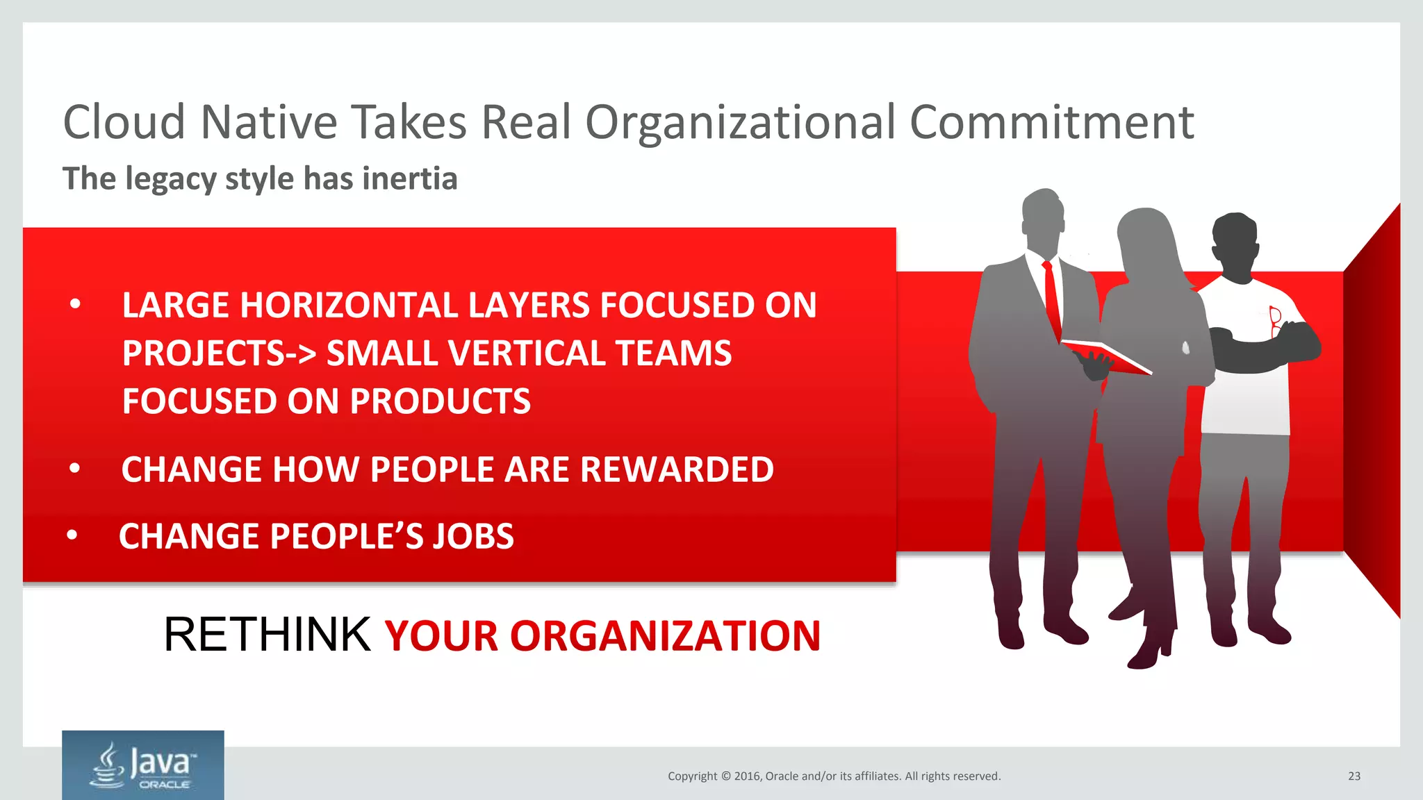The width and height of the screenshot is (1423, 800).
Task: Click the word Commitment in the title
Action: coord(1051,123)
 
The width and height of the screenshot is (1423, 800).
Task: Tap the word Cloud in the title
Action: coord(124,123)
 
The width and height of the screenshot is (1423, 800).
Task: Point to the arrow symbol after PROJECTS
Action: coord(302,354)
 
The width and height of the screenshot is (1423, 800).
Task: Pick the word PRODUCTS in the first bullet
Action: coord(440,401)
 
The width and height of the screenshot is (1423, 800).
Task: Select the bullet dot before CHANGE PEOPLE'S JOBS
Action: coord(72,536)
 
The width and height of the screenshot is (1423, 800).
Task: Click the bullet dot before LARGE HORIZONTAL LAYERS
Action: coord(76,304)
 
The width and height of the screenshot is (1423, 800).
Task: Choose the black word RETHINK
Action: coord(267,635)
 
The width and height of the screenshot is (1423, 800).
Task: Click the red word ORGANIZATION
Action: coord(665,636)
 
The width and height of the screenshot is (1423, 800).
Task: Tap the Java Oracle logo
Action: coord(143,765)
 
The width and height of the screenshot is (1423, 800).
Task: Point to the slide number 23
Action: coord(1354,776)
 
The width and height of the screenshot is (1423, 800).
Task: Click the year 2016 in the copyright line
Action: coord(748,776)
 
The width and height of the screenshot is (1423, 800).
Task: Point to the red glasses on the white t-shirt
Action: coord(1275,321)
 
